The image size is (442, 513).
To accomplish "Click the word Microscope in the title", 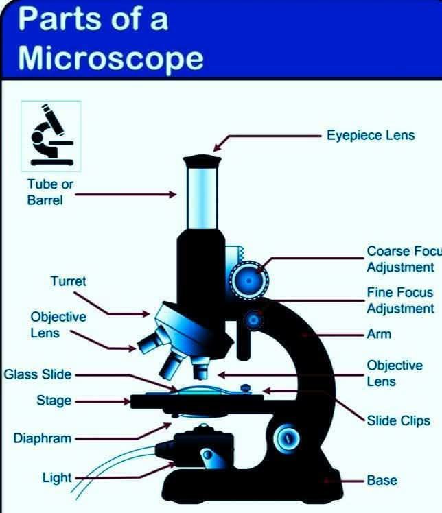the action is (x=110, y=59).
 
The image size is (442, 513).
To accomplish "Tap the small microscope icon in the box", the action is (x=51, y=135).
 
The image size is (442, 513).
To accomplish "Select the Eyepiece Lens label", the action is (x=371, y=135).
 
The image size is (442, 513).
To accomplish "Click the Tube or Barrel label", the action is (x=50, y=192).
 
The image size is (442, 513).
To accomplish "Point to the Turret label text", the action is (x=68, y=281).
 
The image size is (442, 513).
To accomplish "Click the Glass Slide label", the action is (x=38, y=374).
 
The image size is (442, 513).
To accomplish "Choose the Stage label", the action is (x=54, y=401).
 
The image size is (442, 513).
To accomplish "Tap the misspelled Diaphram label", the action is (x=43, y=438).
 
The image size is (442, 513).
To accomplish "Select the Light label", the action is (x=57, y=477).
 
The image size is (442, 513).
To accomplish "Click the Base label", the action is (x=382, y=480).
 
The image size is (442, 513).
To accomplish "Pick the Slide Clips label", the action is (x=399, y=420).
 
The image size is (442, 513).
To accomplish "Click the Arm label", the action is (x=379, y=334).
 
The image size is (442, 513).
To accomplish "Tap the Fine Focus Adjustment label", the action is (x=400, y=300).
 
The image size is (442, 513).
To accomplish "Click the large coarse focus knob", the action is (x=249, y=281).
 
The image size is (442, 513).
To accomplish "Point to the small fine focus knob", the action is (x=253, y=320).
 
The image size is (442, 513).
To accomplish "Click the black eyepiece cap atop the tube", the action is (x=202, y=162).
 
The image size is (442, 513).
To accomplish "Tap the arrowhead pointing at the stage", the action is (x=127, y=401).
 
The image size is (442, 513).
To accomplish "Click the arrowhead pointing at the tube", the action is (x=172, y=194).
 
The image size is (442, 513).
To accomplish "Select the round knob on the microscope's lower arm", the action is (x=287, y=438).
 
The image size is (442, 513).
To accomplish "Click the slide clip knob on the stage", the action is (x=246, y=389).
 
